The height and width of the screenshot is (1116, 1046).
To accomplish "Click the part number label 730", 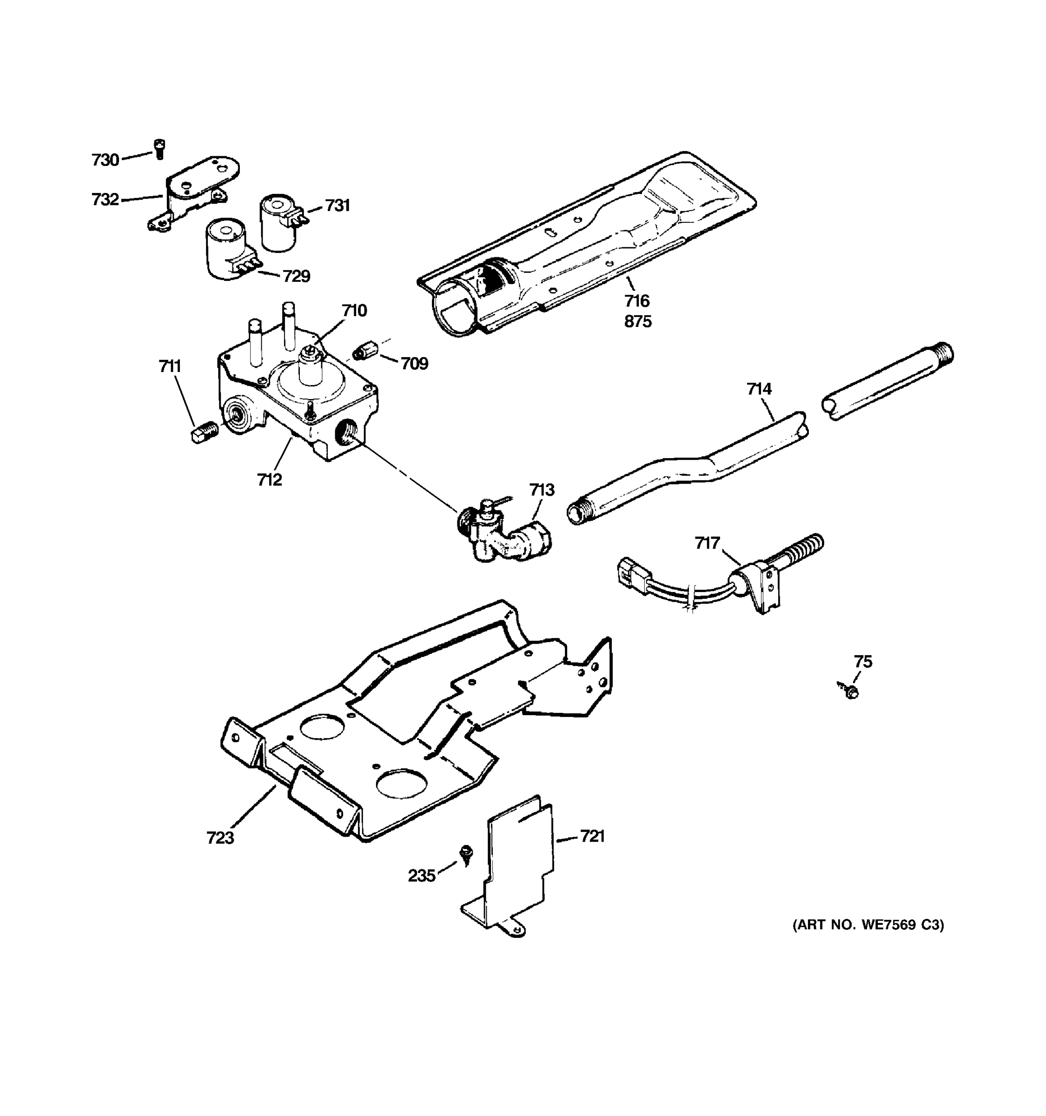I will pyautogui.click(x=106, y=160).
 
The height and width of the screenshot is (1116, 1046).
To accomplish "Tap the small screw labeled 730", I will pyautogui.click(x=159, y=149).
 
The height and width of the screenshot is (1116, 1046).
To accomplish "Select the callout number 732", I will pyautogui.click(x=106, y=199).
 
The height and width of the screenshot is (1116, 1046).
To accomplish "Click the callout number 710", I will pyautogui.click(x=355, y=311).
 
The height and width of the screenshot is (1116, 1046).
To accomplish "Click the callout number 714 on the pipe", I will pyautogui.click(x=759, y=388).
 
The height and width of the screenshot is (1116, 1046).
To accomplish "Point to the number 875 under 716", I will pyautogui.click(x=638, y=322).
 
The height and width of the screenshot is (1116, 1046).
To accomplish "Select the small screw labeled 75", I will pyautogui.click(x=851, y=692).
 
